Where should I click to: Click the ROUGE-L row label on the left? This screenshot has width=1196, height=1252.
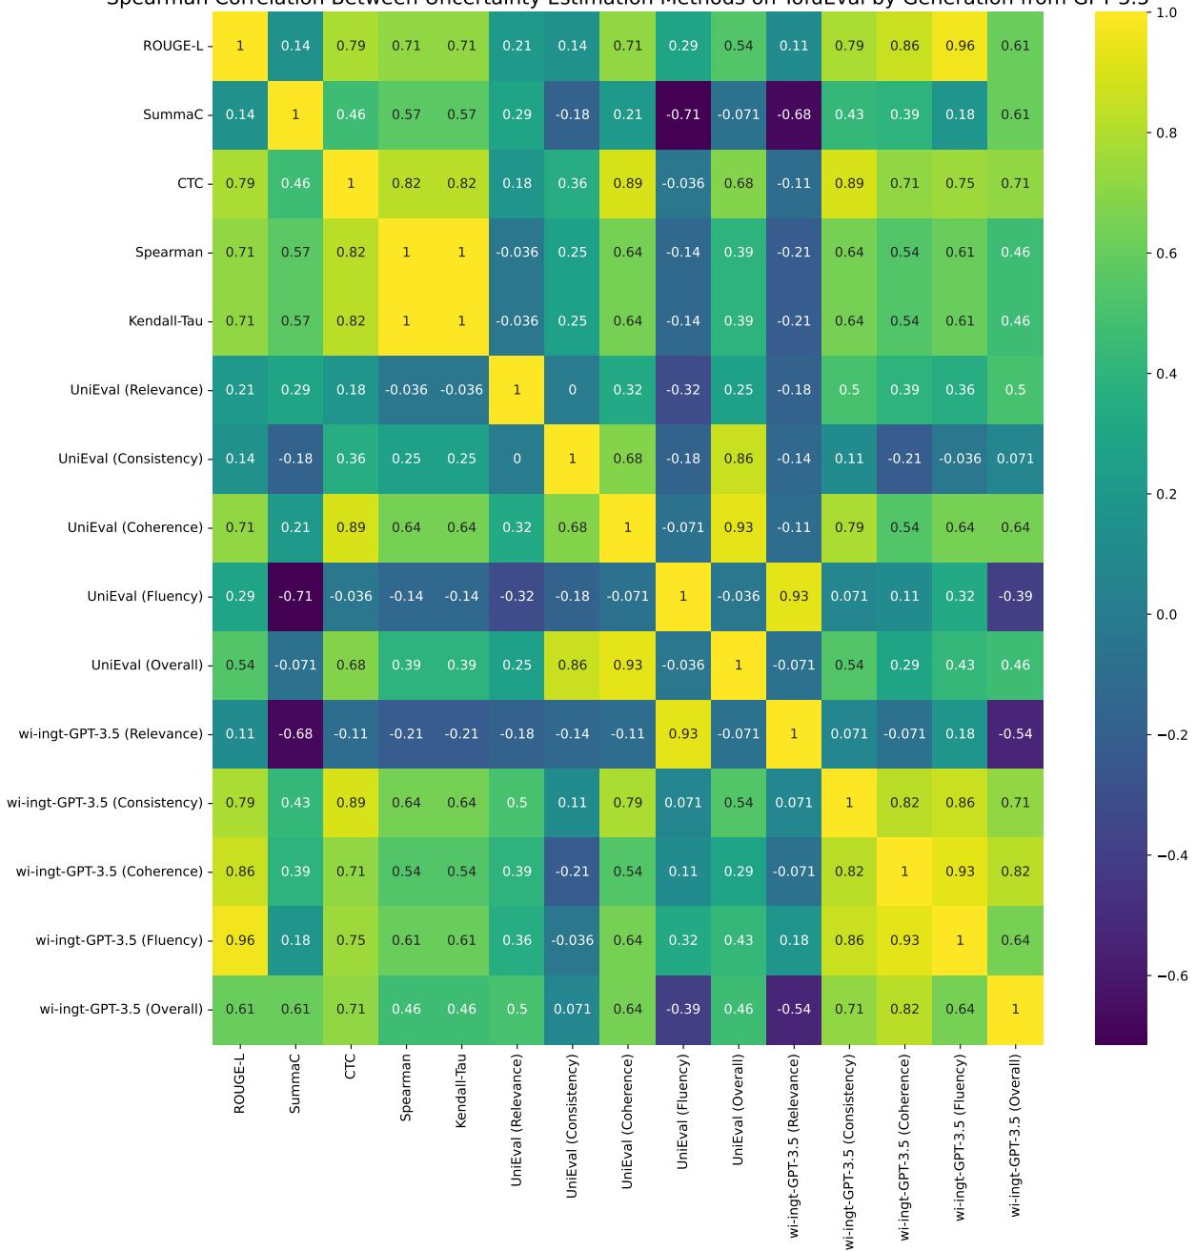(172, 46)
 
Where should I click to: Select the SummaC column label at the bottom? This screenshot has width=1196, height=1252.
(295, 1083)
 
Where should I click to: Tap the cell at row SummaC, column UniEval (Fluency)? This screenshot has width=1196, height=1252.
(683, 114)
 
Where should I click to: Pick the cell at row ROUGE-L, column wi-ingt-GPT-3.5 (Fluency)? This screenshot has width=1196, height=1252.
(960, 46)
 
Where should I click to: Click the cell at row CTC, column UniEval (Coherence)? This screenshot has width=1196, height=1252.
(628, 183)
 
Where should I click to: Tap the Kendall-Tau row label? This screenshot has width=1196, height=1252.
(166, 321)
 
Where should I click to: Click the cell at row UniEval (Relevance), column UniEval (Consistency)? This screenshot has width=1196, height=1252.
(573, 390)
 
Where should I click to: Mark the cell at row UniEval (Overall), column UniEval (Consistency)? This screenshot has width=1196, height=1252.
(573, 665)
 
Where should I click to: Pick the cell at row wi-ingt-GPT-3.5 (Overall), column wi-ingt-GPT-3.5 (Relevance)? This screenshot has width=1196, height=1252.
(794, 1009)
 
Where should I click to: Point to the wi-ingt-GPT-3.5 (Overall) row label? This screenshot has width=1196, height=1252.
(121, 1009)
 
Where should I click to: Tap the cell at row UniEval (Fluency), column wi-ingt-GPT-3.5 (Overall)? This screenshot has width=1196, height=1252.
(1015, 596)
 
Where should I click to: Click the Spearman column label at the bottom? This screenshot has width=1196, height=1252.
(406, 1088)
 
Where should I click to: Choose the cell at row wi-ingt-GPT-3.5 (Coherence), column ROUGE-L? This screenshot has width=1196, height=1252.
(240, 872)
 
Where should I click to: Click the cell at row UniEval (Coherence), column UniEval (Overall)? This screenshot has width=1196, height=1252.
(739, 527)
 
